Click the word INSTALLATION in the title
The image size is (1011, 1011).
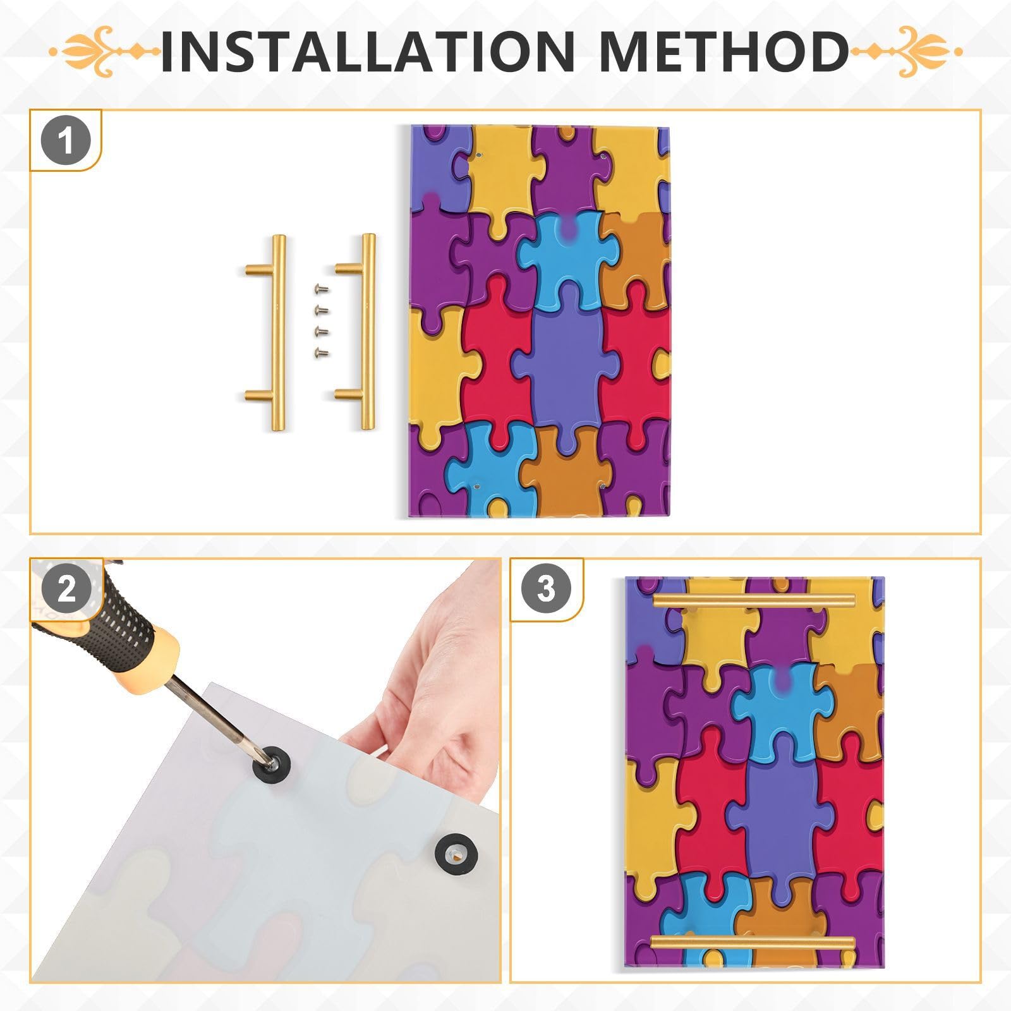366,51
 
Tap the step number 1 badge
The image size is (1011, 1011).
66,141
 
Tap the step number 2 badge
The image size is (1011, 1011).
66,589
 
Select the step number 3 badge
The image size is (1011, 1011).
546,589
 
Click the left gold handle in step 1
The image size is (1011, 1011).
277,332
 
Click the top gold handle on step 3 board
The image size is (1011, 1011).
753,601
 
